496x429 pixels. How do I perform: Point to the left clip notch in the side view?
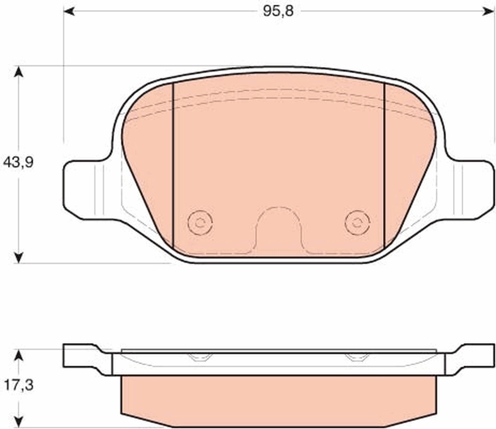click(x=200, y=357)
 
